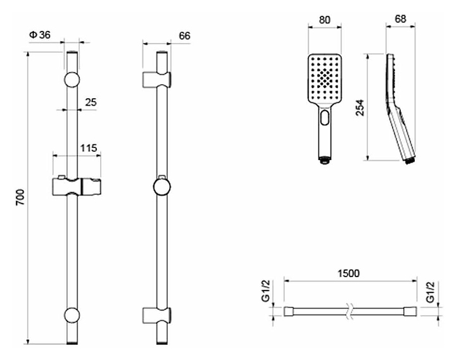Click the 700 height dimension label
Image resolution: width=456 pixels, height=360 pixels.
pos(20,197)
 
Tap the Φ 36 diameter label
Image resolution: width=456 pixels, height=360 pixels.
pos(39,35)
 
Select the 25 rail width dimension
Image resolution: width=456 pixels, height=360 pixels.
pos(91,102)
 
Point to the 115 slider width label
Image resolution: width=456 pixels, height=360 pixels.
pos(89,148)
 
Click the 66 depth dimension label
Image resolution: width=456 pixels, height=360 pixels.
pos(184,35)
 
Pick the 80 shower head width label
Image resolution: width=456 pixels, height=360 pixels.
pos(324,20)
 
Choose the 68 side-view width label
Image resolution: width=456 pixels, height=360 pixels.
pos(400,19)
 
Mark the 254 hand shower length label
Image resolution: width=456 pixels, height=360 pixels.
pos(360,108)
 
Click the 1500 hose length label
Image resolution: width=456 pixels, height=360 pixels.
pos(348,273)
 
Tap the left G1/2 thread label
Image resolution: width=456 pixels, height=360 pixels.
pos(266,291)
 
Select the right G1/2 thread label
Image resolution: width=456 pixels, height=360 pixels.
pos(430,292)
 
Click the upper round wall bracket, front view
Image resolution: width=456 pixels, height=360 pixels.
pos(72,79)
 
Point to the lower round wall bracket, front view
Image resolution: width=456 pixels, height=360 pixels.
pos(72,315)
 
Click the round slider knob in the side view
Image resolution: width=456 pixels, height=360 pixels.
pos(161,187)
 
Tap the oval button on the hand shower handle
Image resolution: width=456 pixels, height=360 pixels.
pos(324,117)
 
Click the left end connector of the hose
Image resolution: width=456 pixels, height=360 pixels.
pos(289,311)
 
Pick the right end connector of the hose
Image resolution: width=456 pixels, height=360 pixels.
pos(410,311)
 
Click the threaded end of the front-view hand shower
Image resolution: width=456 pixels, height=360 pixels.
pos(324,160)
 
